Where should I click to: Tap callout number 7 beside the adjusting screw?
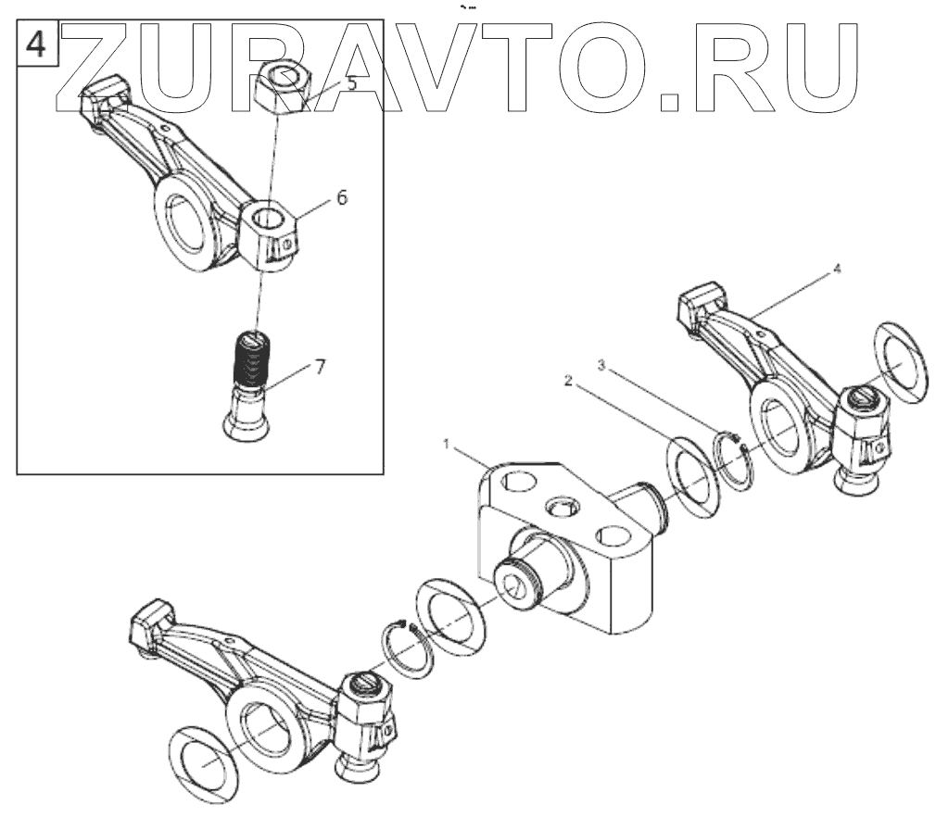point(320,367)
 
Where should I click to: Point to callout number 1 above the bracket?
point(448,446)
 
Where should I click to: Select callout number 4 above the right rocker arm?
point(837,269)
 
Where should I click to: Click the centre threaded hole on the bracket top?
point(563,505)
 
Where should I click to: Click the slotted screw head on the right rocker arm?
point(863,399)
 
